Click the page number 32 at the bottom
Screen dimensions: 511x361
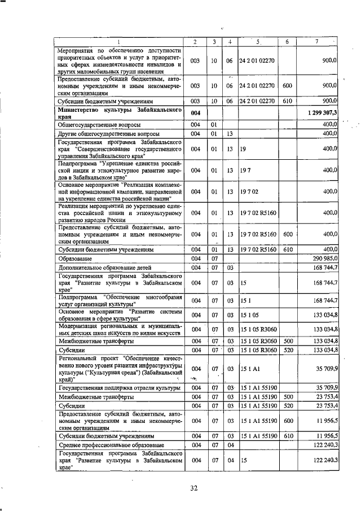[x=193, y=488]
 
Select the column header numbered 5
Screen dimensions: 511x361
[x=257, y=42]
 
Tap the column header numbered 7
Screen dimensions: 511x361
[x=320, y=42]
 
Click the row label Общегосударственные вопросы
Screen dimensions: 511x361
[x=99, y=124]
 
